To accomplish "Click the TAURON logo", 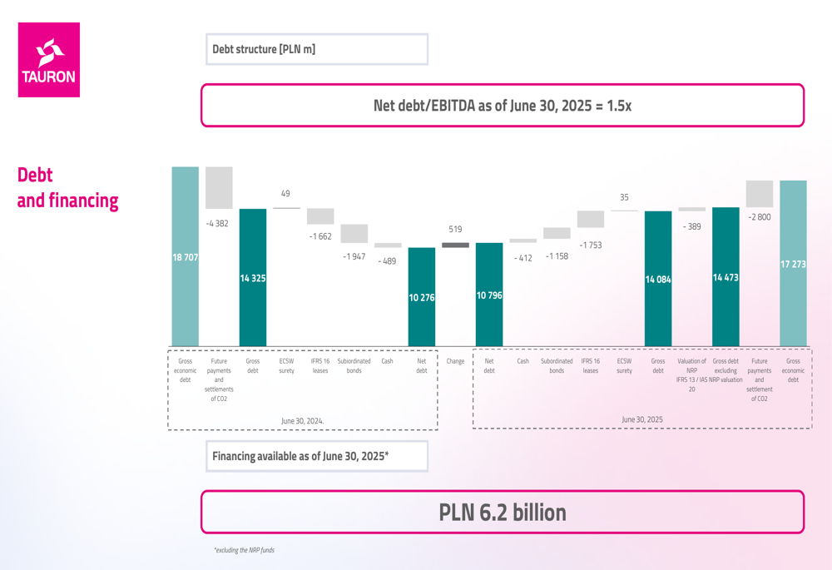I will pyautogui.click(x=49, y=60).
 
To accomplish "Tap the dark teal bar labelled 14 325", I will pyautogui.click(x=253, y=277).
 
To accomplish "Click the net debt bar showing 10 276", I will pyautogui.click(x=422, y=297).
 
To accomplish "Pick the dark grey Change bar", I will pyautogui.click(x=455, y=245).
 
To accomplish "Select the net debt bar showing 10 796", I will pyautogui.click(x=489, y=295).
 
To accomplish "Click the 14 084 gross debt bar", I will pyautogui.click(x=658, y=279).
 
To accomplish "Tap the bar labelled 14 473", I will pyautogui.click(x=726, y=276).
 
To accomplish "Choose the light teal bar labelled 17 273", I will pyautogui.click(x=793, y=263).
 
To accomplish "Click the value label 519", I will pyautogui.click(x=455, y=229).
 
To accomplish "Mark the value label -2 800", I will pyautogui.click(x=759, y=217).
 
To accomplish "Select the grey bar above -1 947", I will pyautogui.click(x=354, y=234).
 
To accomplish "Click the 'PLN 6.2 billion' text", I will pyautogui.click(x=503, y=513).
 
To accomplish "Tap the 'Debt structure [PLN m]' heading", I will pyautogui.click(x=264, y=49).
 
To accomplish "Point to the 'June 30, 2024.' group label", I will pyautogui.click(x=303, y=421).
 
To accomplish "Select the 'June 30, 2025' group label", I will pyautogui.click(x=642, y=419).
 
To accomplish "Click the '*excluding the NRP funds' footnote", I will pyautogui.click(x=244, y=550).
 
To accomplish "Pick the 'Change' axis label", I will pyautogui.click(x=455, y=361).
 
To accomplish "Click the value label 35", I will pyautogui.click(x=624, y=197).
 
